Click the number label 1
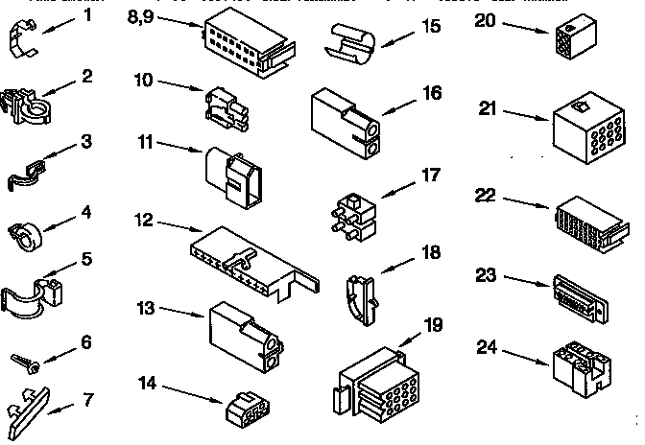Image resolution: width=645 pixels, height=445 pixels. (x=87, y=16)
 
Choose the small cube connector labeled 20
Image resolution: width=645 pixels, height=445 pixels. (x=569, y=39)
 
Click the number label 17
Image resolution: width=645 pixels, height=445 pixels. (x=431, y=175)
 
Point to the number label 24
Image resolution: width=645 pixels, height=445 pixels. (x=488, y=347)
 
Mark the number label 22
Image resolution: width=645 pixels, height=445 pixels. (x=488, y=195)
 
